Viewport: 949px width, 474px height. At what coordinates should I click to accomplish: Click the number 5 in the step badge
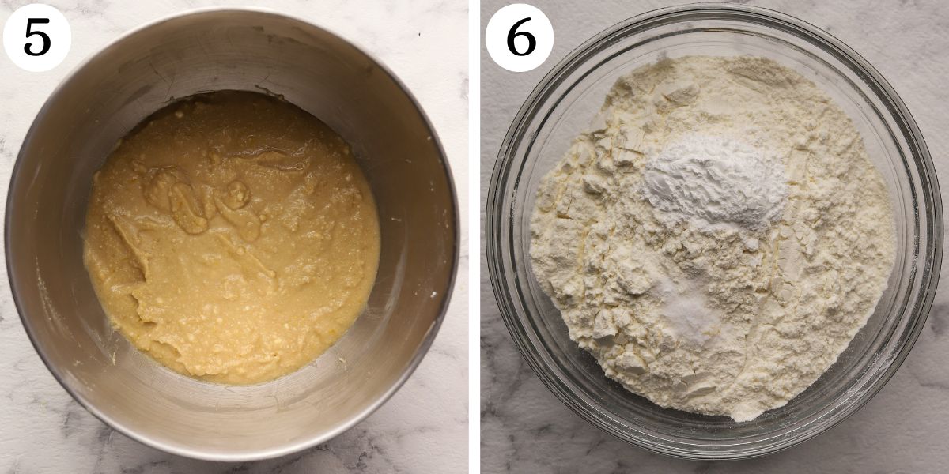[36, 37]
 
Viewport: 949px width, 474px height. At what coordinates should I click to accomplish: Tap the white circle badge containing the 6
[519, 37]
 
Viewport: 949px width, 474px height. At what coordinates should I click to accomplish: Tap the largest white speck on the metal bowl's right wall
[433, 293]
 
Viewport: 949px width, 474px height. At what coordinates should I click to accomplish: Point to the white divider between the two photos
[475, 237]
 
